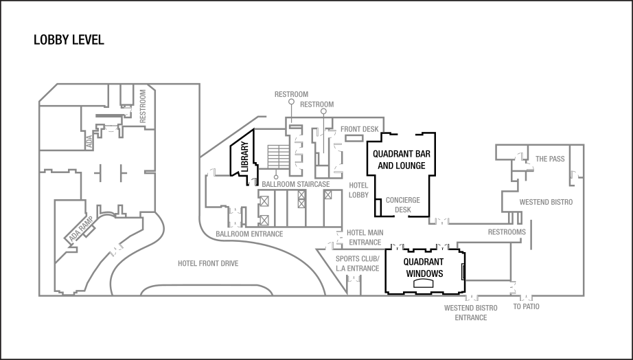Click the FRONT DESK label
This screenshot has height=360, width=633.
(360, 129)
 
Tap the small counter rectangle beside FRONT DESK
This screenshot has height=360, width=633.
(354, 139)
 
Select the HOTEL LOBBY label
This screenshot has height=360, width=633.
(358, 190)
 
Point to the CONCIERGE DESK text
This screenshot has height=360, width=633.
(402, 205)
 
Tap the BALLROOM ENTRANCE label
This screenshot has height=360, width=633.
(249, 234)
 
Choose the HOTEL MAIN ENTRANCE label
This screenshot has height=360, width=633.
(365, 238)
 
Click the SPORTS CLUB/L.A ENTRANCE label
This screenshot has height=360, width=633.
(357, 264)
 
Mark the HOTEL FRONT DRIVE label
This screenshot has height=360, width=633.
(207, 264)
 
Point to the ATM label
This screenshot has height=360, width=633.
(89, 142)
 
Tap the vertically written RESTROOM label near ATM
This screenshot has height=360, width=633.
(143, 105)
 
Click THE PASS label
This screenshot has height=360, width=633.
(550, 159)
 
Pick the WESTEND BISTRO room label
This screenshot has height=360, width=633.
(545, 203)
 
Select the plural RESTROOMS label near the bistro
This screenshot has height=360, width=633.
(506, 232)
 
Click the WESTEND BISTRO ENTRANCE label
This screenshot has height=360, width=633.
(470, 313)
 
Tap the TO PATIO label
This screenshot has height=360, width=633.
(526, 307)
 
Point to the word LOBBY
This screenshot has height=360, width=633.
(358, 195)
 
